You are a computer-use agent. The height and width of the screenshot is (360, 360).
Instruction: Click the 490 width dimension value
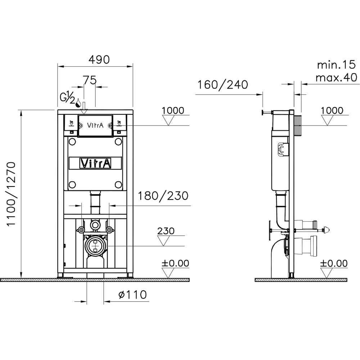(99, 60)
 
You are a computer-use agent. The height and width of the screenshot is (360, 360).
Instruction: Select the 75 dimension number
(90, 80)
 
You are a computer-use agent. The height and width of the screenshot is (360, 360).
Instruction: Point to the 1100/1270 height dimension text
(11, 194)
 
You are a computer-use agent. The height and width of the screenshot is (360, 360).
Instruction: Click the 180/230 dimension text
(163, 196)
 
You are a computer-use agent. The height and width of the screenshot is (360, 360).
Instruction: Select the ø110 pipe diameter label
(132, 294)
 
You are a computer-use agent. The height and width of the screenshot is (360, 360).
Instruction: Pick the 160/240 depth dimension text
(223, 85)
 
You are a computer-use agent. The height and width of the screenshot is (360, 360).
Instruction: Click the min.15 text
(336, 65)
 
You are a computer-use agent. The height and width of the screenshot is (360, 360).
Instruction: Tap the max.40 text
(336, 78)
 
